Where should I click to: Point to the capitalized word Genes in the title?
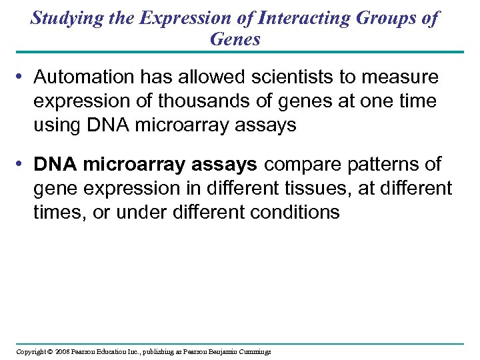point(235,39)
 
